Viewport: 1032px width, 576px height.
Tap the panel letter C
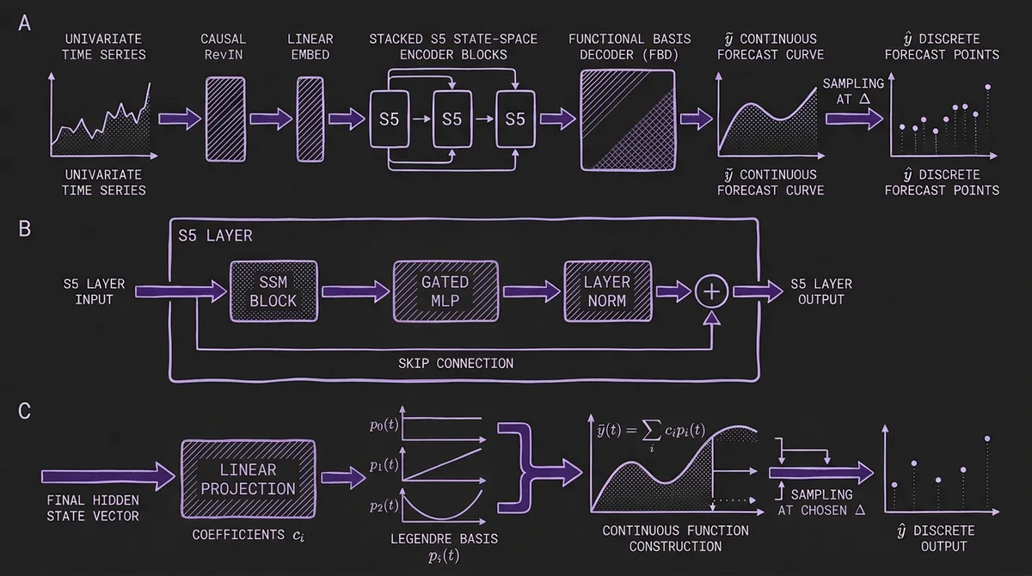pyautogui.click(x=24, y=411)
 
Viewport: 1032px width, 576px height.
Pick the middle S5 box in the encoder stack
pyautogui.click(x=452, y=119)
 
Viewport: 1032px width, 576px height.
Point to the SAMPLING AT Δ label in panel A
pyautogui.click(x=854, y=91)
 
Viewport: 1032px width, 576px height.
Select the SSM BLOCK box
pyautogui.click(x=274, y=291)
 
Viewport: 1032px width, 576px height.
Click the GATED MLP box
pyautogui.click(x=446, y=291)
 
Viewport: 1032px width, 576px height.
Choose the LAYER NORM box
pyautogui.click(x=607, y=291)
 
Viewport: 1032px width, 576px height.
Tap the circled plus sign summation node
pyautogui.click(x=711, y=291)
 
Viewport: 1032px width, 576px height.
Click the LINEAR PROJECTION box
pyautogui.click(x=249, y=479)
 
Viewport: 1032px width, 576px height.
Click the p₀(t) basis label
pyautogui.click(x=383, y=424)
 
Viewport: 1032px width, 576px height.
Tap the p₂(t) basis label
pyautogui.click(x=383, y=506)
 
